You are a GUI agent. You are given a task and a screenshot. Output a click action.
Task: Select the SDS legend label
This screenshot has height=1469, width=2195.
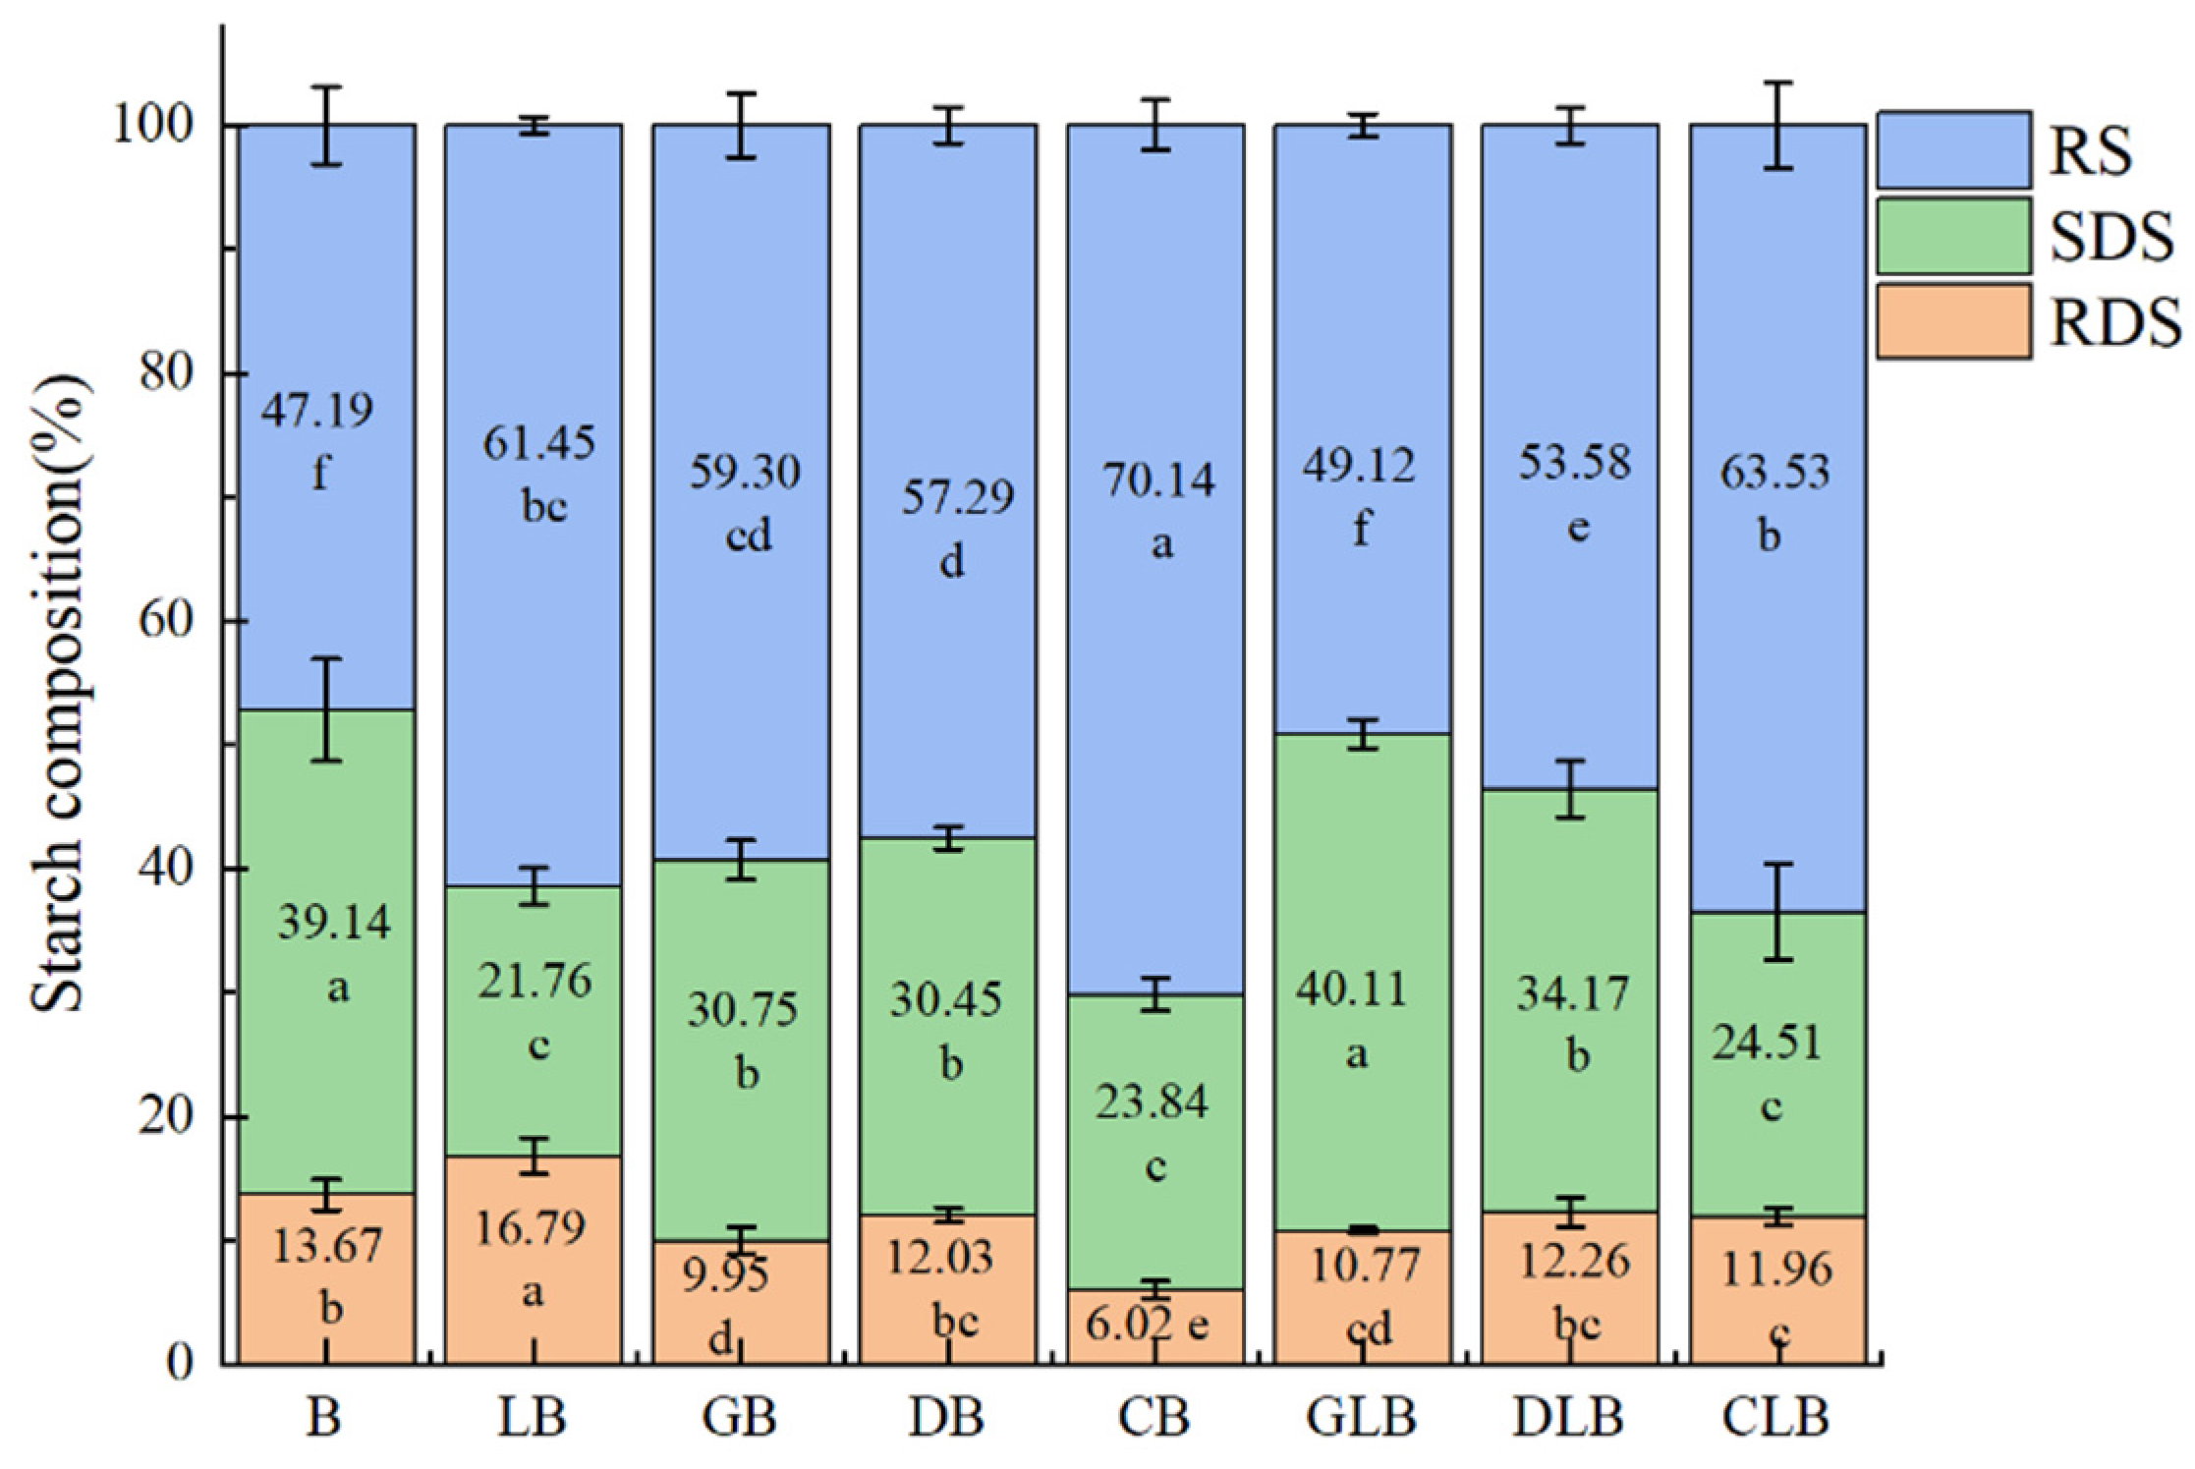pos(2111,237)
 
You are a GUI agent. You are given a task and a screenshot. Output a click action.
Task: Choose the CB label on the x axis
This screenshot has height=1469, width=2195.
pos(1154,1417)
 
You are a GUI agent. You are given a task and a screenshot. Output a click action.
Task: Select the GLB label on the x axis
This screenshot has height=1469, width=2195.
pos(1362,1417)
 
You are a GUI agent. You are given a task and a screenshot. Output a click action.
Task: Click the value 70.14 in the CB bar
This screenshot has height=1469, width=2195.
pos(1158,480)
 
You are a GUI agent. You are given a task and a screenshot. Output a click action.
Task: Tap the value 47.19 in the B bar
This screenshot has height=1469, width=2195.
pos(316,410)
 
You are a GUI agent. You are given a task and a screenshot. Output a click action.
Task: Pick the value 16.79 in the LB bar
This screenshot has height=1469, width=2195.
pos(531,1227)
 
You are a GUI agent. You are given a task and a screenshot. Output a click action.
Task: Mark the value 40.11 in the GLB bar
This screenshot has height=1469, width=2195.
pos(1357,989)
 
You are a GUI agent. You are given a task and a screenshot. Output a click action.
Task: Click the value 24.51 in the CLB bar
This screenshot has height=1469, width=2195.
pos(1768,1043)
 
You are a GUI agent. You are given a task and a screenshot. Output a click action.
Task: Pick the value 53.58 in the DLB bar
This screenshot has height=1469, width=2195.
pos(1574,463)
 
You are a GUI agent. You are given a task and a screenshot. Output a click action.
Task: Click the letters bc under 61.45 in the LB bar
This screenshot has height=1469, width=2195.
pos(543,508)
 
